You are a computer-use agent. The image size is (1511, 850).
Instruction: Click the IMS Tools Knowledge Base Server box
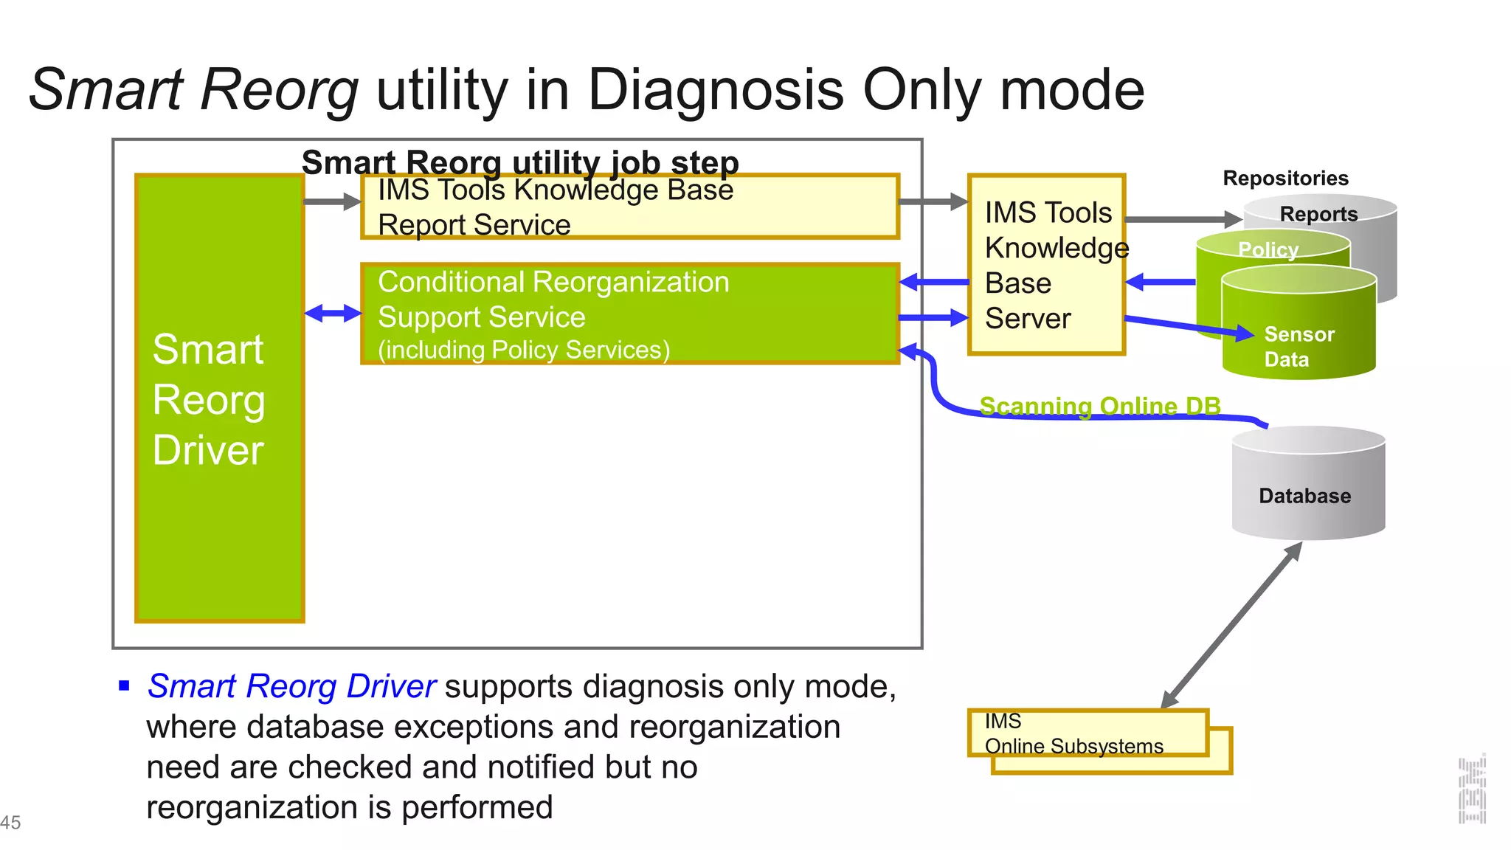tap(1046, 266)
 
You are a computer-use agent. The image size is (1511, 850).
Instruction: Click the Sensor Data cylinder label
tap(1299, 347)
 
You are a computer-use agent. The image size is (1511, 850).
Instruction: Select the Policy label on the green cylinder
tap(1268, 249)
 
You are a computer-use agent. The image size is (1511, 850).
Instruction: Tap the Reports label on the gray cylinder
tap(1318, 214)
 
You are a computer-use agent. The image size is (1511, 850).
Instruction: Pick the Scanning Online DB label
tap(1099, 406)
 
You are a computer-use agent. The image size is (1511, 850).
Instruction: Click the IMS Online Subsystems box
tap(1088, 733)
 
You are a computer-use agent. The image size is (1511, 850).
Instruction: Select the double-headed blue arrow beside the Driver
tap(333, 314)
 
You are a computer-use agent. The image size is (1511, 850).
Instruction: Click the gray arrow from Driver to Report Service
tap(332, 201)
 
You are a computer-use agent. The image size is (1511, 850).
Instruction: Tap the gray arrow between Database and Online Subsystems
tap(1231, 626)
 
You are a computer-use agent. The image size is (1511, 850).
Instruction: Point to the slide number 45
tap(10, 822)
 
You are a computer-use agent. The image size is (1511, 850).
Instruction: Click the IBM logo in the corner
tap(1471, 789)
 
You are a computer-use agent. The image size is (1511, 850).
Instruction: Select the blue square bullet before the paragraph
tap(124, 686)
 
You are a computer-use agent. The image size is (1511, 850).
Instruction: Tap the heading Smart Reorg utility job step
tap(520, 162)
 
